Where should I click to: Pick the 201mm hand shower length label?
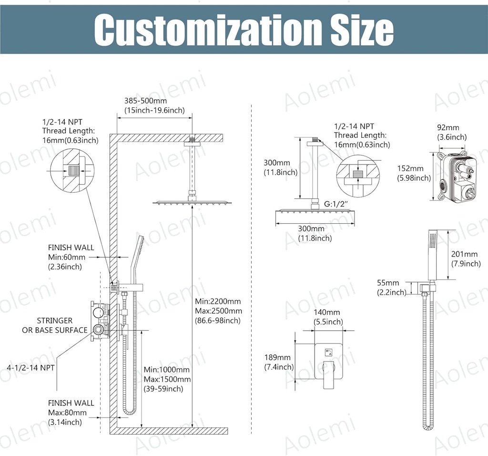coord(466,259)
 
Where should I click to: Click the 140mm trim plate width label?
coord(328,317)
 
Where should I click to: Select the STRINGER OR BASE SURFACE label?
coord(55,325)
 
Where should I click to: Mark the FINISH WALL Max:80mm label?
coord(71,412)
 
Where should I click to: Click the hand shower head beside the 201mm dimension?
coord(433,255)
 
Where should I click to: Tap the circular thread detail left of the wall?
coord(70,170)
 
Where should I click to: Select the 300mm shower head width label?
coord(315,233)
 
